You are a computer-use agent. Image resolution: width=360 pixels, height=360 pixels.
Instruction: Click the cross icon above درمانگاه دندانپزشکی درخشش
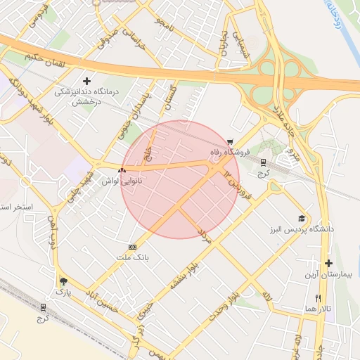(x=87, y=82)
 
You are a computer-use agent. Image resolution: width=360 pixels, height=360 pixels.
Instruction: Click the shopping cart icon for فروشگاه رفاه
(x=231, y=141)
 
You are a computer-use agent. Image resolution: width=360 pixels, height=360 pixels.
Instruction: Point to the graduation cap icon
(x=302, y=219)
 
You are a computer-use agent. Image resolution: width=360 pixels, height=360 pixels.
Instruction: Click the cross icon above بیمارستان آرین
(x=328, y=264)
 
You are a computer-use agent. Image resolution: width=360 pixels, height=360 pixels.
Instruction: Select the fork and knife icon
(x=318, y=297)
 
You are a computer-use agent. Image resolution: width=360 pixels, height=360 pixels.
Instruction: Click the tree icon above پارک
(x=64, y=279)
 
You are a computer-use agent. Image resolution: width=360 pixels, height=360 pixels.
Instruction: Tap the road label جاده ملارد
(x=288, y=123)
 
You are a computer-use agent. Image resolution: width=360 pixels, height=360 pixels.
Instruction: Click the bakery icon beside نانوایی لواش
(x=122, y=170)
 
